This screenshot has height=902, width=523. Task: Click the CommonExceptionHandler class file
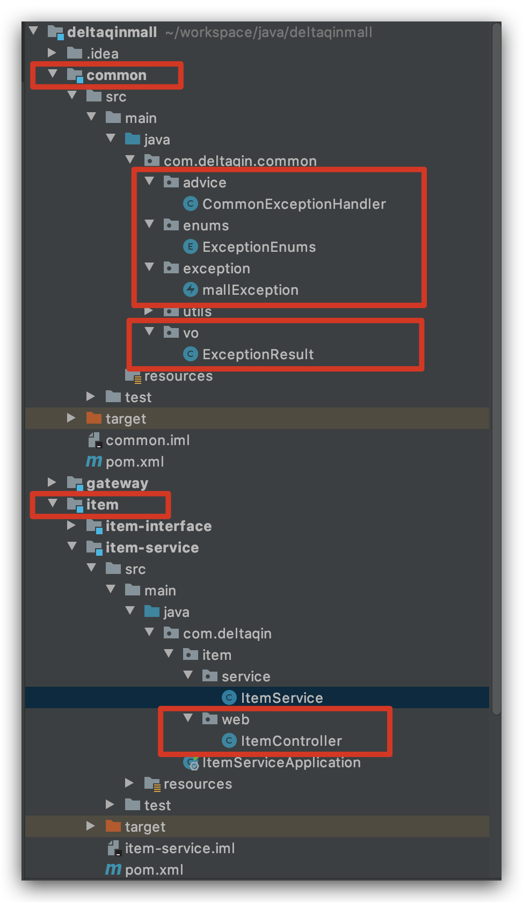[293, 204]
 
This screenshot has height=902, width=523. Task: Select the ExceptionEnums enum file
[258, 247]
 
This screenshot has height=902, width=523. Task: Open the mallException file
[250, 290]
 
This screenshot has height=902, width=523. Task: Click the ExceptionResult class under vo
[257, 354]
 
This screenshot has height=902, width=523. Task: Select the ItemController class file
[290, 741]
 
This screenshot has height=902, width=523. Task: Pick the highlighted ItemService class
[281, 698]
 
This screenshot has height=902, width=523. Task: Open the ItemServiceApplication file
[281, 762]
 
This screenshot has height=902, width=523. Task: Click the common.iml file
[147, 440]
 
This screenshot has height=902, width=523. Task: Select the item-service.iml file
[179, 848]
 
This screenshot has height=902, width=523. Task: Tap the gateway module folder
[117, 483]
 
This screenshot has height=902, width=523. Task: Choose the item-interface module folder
[158, 526]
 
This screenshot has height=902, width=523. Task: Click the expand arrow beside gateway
[52, 482]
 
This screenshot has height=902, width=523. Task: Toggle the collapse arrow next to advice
[150, 181]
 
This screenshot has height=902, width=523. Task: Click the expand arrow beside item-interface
[71, 525]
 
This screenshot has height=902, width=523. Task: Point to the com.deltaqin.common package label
[239, 161]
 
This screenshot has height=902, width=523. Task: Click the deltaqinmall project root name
[112, 32]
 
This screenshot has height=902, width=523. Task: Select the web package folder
[235, 719]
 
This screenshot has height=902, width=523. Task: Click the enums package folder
[206, 225]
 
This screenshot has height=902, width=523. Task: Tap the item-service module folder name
[152, 548]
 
